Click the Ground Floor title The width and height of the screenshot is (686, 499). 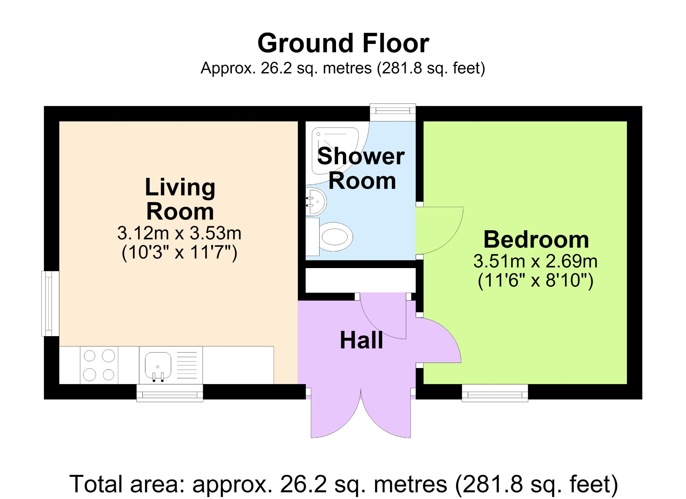tap(343, 43)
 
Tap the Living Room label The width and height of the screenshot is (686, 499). tap(180, 199)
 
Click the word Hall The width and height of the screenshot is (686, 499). tap(361, 340)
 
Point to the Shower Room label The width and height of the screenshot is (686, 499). tap(361, 169)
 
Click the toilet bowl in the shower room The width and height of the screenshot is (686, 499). tap(336, 237)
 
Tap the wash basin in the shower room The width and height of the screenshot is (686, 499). tap(316, 201)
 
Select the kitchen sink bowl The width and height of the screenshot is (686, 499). tap(158, 365)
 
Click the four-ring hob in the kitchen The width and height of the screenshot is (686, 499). tap(99, 365)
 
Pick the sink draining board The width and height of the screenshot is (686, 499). tap(187, 365)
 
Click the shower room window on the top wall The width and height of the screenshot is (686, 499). tap(393, 112)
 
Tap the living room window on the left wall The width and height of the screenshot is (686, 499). tap(50, 303)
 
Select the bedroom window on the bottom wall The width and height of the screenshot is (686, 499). tap(495, 393)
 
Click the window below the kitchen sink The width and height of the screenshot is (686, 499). tap(170, 393)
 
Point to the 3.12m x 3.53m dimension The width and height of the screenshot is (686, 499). tap(179, 233)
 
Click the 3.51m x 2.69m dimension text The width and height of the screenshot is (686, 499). tap(535, 261)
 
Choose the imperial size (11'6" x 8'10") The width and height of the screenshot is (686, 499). tap(535, 280)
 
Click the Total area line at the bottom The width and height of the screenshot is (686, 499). tap(344, 484)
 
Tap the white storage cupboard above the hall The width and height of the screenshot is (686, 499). tap(361, 280)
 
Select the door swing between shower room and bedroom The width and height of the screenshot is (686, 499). tap(439, 231)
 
